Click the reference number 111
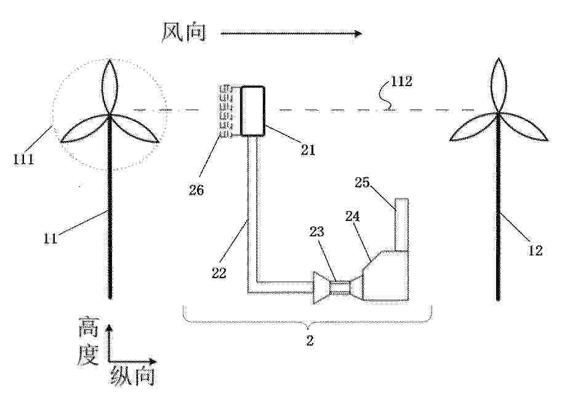(23, 159)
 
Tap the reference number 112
(401, 81)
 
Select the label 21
(308, 150)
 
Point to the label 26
(196, 190)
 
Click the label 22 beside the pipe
(219, 273)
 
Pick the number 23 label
(317, 232)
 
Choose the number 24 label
(352, 216)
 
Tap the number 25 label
(362, 182)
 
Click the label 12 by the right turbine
(535, 250)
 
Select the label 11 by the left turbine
(50, 238)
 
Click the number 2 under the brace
(310, 340)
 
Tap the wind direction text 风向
(184, 32)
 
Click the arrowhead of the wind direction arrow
(358, 34)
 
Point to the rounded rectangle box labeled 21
(253, 111)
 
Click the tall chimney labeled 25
(401, 224)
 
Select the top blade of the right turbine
(498, 86)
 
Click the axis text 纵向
(132, 376)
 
